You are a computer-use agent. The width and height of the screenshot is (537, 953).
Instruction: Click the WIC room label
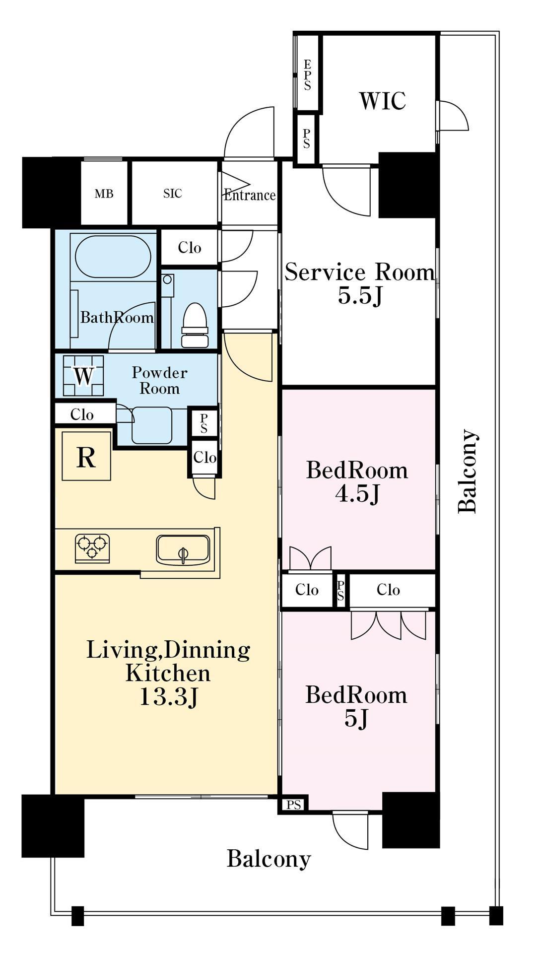tap(382, 101)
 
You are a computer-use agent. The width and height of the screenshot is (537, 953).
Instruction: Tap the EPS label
tap(307, 75)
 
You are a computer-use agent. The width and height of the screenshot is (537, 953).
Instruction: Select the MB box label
tap(104, 194)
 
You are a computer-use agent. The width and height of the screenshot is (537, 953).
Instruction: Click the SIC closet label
tap(172, 193)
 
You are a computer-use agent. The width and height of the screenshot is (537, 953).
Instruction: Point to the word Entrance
tap(250, 195)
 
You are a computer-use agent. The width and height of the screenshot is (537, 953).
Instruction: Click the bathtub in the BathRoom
tap(113, 257)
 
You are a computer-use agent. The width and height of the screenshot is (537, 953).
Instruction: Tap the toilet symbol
tap(195, 325)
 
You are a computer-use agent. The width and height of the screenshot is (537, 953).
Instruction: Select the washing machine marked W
tap(83, 375)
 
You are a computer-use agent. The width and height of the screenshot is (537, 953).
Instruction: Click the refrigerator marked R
tap(86, 456)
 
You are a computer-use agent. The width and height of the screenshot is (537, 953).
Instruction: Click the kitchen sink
tap(183, 549)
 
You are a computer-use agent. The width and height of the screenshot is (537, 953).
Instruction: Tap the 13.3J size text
tap(169, 696)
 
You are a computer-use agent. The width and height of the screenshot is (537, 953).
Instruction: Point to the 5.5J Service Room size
tap(360, 296)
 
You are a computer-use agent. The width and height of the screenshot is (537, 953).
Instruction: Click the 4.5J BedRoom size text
tap(357, 493)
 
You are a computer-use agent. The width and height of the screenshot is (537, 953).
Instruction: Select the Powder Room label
tap(159, 380)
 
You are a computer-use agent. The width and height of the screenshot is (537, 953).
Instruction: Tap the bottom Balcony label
tap(268, 859)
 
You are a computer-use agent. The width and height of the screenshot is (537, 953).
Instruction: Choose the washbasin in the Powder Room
tap(152, 425)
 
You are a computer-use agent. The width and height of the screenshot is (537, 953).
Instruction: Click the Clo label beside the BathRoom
tap(190, 247)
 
